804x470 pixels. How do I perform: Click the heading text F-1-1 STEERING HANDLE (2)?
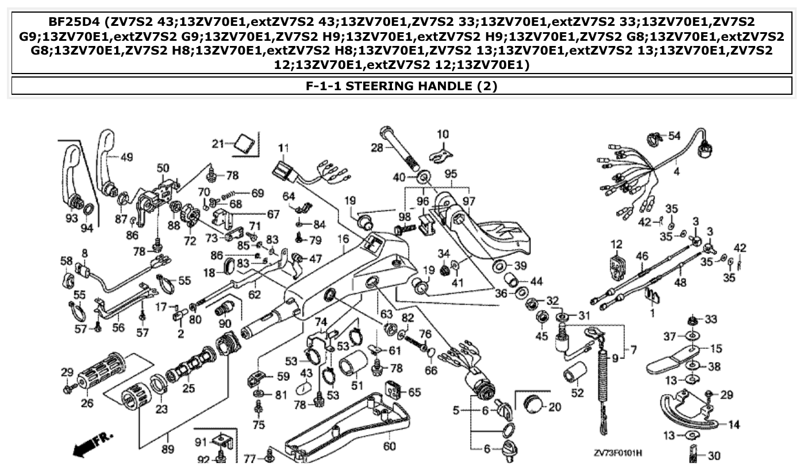(402, 86)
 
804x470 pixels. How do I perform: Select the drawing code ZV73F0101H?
(618, 454)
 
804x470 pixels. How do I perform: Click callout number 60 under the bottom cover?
(389, 446)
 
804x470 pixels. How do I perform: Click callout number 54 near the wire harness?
(674, 136)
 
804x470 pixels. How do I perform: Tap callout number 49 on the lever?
(126, 156)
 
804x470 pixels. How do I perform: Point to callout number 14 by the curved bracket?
(734, 425)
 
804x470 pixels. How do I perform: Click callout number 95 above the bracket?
(451, 174)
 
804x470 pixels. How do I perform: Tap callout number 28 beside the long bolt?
(376, 148)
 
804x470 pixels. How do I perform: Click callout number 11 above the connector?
(282, 148)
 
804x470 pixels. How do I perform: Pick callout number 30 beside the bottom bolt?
(713, 456)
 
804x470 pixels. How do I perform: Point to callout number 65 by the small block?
(414, 392)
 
